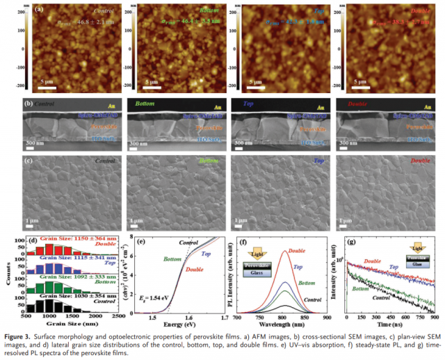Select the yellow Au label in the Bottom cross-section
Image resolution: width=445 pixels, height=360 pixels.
pyautogui.click(x=216, y=108)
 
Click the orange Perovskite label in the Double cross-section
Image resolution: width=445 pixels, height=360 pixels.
pyautogui.click(x=418, y=129)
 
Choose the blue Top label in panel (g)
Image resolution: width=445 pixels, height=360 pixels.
pyautogui.click(x=394, y=268)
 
